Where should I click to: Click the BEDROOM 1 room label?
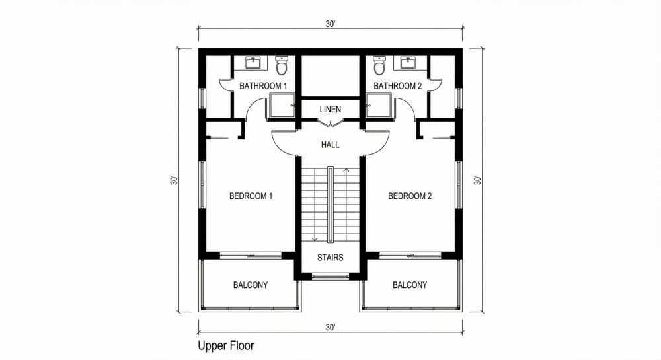[251, 196]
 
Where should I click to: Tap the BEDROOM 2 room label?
[410, 196]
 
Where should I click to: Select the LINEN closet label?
[330, 108]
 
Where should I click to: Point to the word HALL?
[330, 145]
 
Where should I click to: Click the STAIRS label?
[330, 257]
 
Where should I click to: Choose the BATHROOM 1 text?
[263, 86]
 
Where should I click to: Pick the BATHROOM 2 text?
[397, 86]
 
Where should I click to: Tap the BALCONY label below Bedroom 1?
[251, 285]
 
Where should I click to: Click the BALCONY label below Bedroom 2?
[410, 285]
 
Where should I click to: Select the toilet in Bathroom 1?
[282, 67]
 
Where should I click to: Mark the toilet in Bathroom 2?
[379, 67]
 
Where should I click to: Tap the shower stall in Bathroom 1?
[282, 106]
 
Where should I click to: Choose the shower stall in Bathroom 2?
[379, 106]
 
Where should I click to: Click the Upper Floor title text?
[225, 345]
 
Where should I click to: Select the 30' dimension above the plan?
[330, 24]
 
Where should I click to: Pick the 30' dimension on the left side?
[173, 180]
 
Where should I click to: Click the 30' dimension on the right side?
[477, 180]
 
